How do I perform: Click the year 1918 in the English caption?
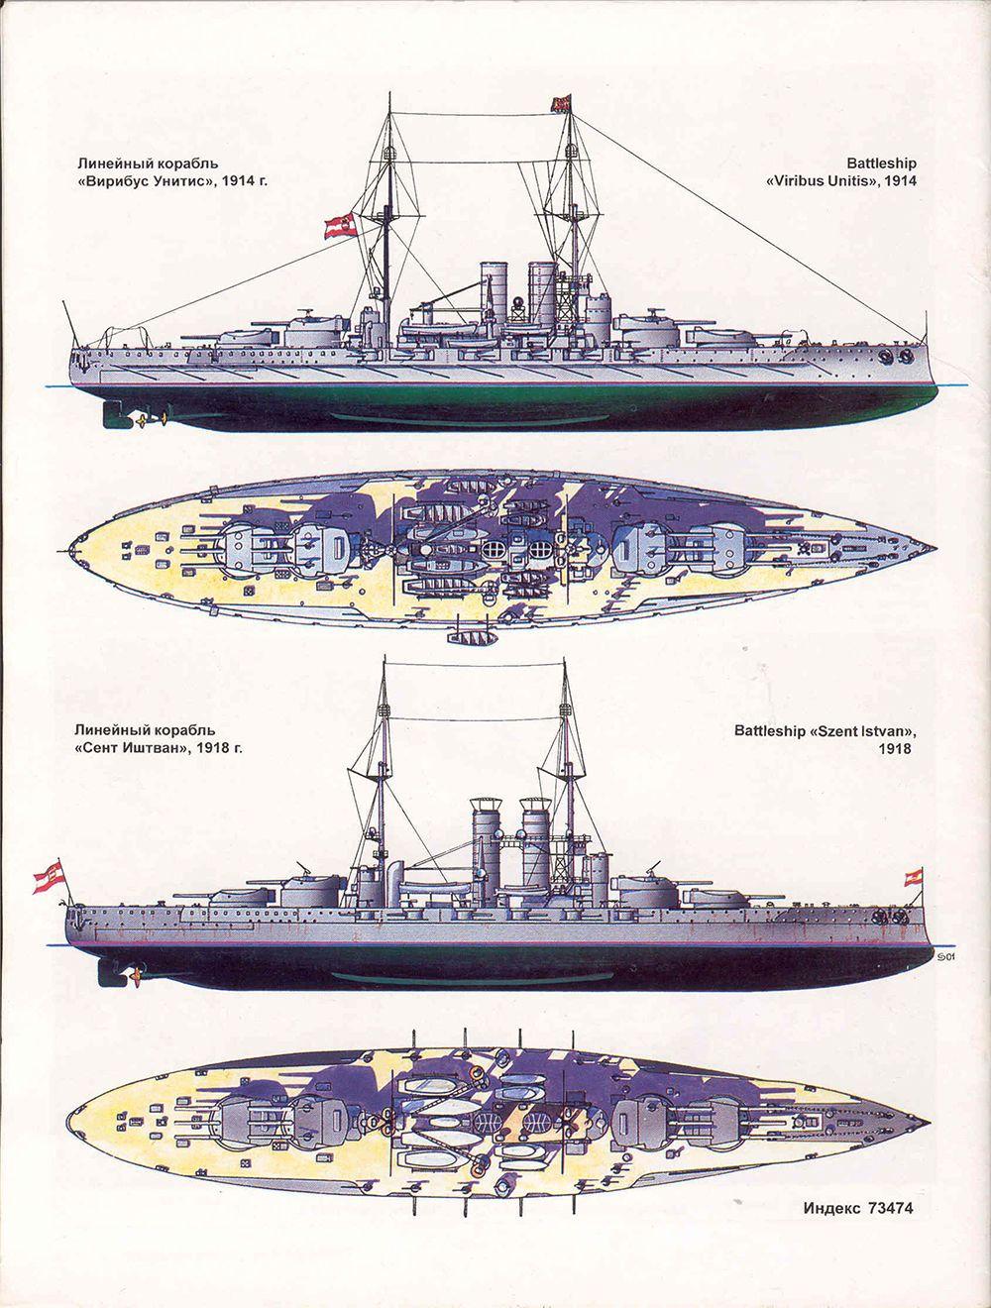pyautogui.click(x=895, y=750)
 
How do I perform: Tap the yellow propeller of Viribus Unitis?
pyautogui.click(x=149, y=420)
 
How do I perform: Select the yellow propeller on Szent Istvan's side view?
pyautogui.click(x=128, y=976)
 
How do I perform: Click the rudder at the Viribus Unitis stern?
pyautogui.click(x=110, y=414)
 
